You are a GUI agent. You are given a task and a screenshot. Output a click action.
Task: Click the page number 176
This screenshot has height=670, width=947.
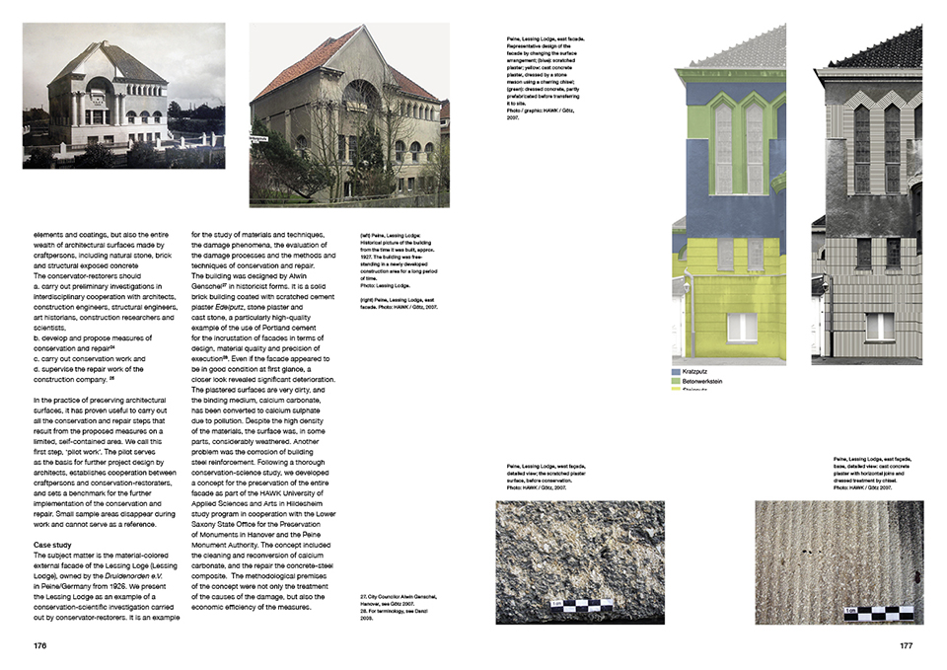pyautogui.click(x=39, y=647)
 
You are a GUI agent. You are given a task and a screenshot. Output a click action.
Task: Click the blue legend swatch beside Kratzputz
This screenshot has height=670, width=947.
pyautogui.click(x=677, y=372)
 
